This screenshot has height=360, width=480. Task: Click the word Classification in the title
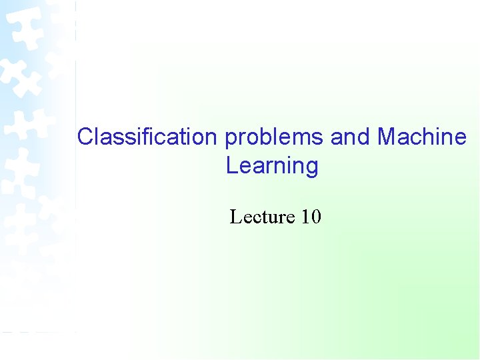pyautogui.click(x=147, y=137)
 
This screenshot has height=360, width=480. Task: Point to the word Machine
pyautogui.click(x=422, y=137)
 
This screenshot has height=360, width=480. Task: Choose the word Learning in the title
pyautogui.click(x=272, y=166)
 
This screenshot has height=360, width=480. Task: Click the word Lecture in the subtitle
pyautogui.click(x=262, y=217)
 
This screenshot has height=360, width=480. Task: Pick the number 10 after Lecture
pyautogui.click(x=311, y=217)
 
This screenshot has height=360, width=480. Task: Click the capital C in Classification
pyautogui.click(x=85, y=137)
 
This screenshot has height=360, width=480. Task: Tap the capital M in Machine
pyautogui.click(x=387, y=137)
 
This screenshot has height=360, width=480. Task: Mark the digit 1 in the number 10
pyautogui.click(x=306, y=217)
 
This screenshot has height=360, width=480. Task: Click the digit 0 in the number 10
pyautogui.click(x=316, y=217)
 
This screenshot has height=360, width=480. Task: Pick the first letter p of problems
pyautogui.click(x=230, y=139)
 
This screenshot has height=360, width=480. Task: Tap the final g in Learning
pyautogui.click(x=311, y=167)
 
